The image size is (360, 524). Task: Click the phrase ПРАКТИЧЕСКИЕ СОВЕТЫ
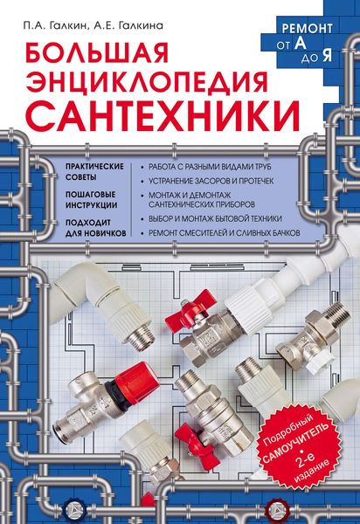(x=94, y=171)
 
